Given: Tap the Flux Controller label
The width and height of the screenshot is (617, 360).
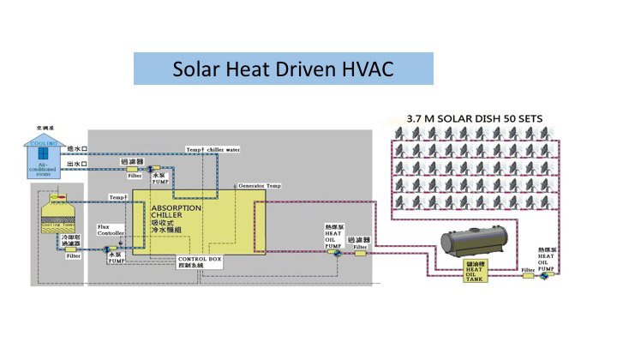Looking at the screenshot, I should pos(111,230).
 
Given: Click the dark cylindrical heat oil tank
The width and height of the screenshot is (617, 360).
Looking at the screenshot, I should pos(475,243).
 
